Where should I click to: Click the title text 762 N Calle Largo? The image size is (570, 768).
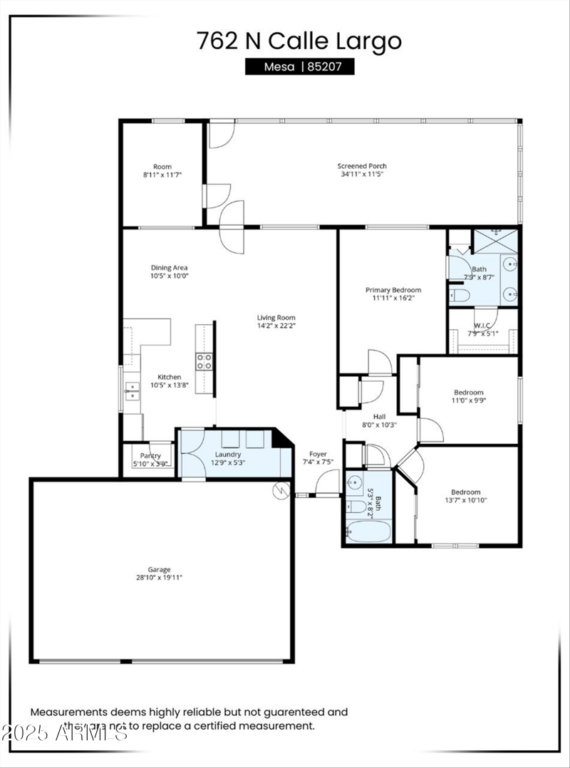point(299,41)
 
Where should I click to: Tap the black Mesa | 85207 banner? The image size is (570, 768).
point(299,67)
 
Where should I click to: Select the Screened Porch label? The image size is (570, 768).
point(362,166)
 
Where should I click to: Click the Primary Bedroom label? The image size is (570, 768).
point(393,290)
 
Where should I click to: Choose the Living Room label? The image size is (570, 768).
point(276,318)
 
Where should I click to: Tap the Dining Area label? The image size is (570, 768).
point(169,268)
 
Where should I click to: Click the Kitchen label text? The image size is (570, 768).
point(169,377)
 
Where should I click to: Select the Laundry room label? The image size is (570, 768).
point(228,454)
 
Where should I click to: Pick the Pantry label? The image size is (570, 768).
point(150,456)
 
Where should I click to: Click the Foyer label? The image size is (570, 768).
point(318,454)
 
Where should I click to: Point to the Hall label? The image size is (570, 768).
point(379,417)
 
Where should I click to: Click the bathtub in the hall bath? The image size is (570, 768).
point(368,531)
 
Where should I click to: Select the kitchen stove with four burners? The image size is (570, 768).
point(204,361)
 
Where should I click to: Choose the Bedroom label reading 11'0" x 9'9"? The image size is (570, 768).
point(469,392)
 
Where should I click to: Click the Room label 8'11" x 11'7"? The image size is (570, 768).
point(162,167)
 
